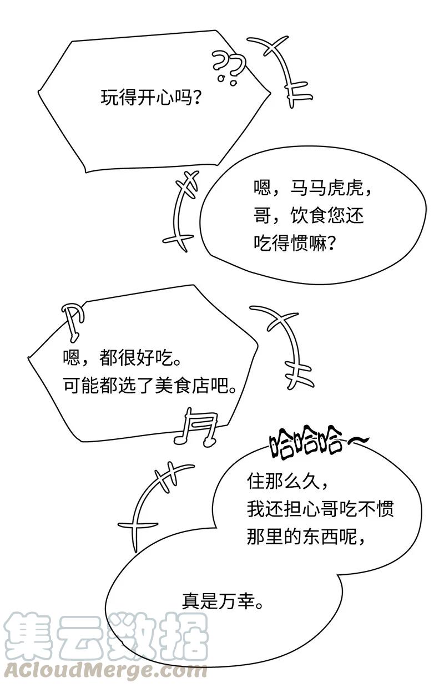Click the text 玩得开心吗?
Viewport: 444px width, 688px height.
[x=150, y=98]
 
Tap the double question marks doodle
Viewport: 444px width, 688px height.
[x=228, y=67]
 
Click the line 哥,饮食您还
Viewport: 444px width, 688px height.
[x=309, y=215]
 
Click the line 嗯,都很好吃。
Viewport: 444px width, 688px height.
[x=122, y=358]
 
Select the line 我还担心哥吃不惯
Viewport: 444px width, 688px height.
[x=320, y=508]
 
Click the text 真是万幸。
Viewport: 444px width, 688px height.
[x=223, y=601]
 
